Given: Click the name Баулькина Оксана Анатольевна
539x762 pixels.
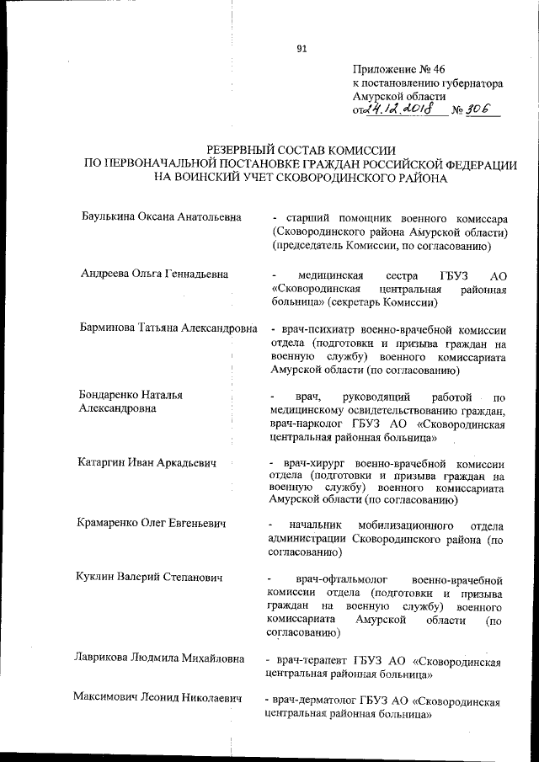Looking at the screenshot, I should click(161, 217).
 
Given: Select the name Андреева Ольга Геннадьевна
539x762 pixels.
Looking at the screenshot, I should click(155, 274).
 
